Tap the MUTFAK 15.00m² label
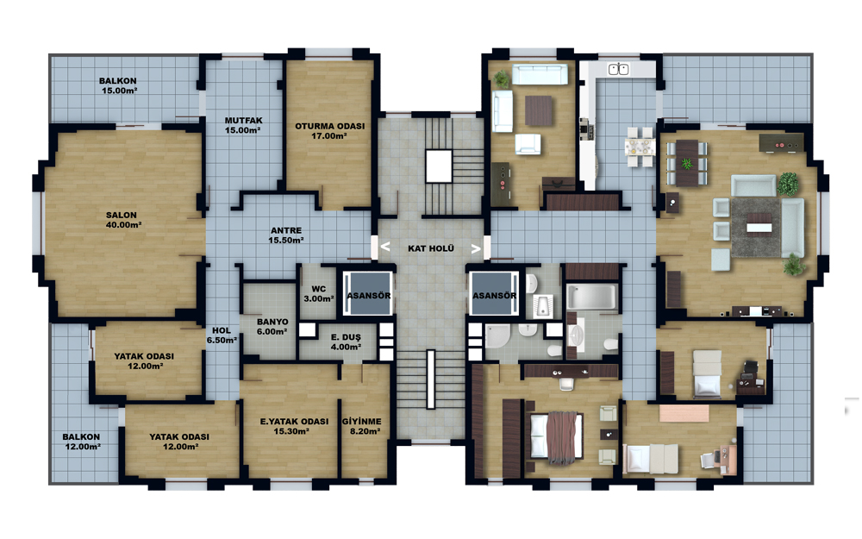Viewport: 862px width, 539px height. coord(243,125)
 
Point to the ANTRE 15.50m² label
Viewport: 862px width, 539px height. coord(286,235)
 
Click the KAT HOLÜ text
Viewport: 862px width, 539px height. coord(431,248)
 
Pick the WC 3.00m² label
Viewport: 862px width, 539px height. coord(319,294)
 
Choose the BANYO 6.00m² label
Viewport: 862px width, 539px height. coord(272,327)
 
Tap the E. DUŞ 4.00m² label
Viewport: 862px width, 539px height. coord(346,342)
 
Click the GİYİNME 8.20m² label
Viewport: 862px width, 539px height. coord(362,426)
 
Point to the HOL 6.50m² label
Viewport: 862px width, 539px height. coord(222,335)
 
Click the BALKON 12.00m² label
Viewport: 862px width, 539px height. coord(81,442)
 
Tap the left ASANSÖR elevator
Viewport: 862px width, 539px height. coord(368,294)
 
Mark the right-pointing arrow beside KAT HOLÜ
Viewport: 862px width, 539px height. coord(476,248)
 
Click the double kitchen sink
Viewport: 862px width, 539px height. coord(618,69)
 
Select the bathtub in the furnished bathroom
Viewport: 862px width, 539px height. coord(592,297)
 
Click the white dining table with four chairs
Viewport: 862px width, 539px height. coord(640,147)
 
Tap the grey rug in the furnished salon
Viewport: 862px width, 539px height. coord(757,227)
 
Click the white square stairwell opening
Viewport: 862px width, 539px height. coord(439,166)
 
